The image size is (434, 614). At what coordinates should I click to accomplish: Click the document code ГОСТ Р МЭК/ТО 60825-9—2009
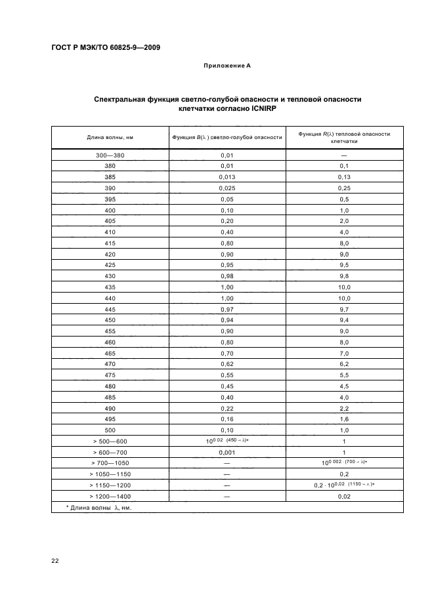pyautogui.click(x=106, y=48)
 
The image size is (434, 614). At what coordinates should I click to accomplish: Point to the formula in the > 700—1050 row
pyautogui.click(x=344, y=462)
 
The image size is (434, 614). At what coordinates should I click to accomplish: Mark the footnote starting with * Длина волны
pyautogui.click(x=95, y=507)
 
